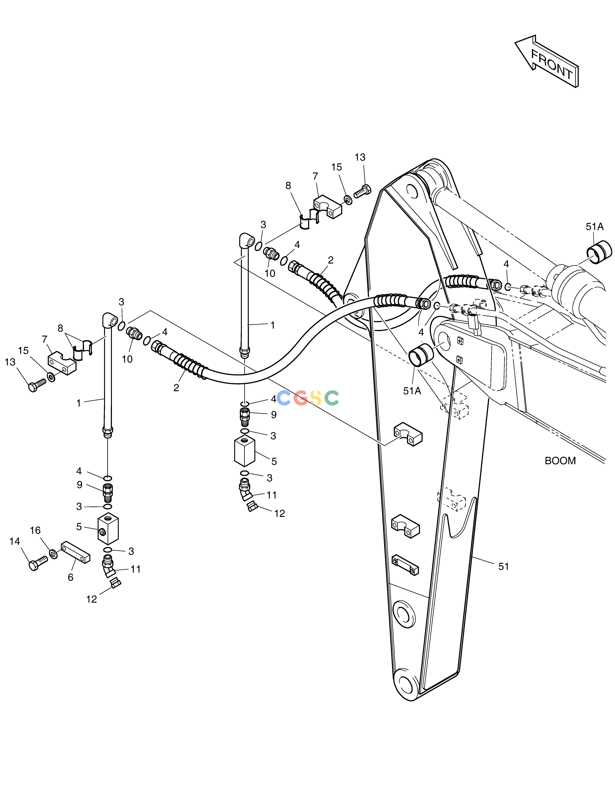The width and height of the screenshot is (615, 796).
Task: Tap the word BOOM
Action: point(560,461)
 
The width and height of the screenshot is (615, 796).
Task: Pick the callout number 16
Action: point(35,530)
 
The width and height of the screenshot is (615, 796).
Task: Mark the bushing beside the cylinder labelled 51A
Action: point(599,252)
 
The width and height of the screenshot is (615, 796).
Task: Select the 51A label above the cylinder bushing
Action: point(595,227)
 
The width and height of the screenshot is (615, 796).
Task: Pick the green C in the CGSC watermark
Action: point(332,398)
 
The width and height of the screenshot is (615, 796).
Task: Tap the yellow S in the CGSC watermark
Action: point(316,398)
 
